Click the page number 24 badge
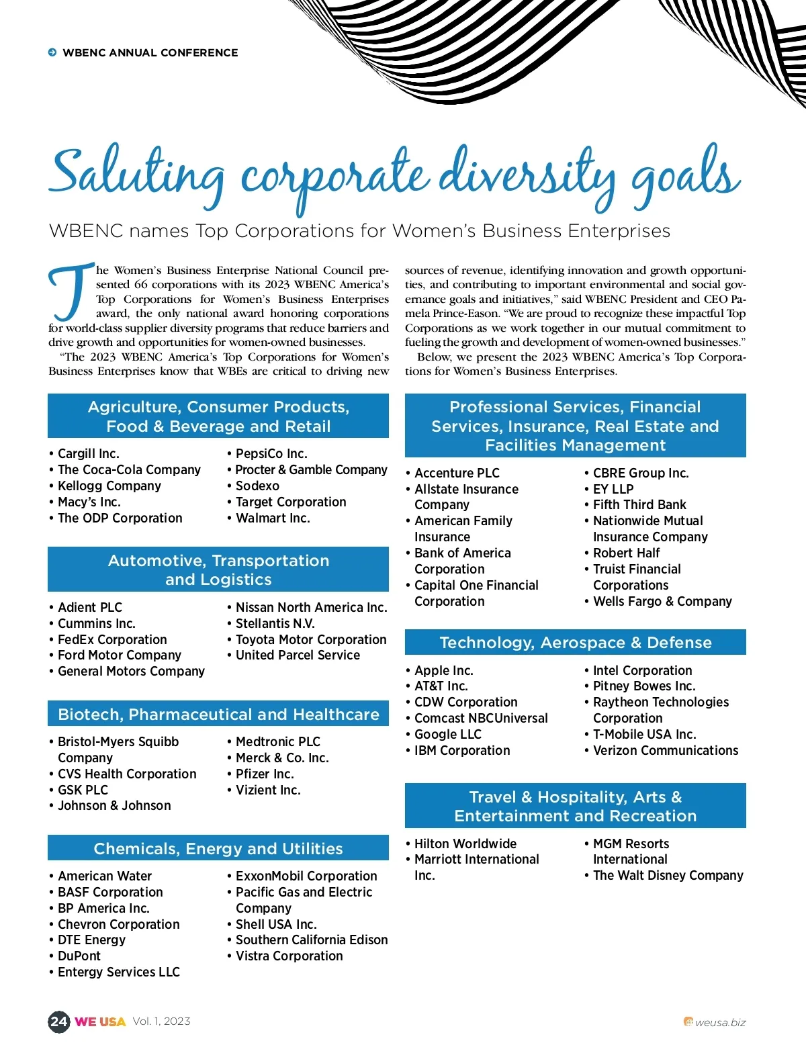coord(59,1021)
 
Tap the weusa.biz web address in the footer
coord(719,1023)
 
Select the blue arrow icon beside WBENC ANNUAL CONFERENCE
coord(52,52)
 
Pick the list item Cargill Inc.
coord(88,454)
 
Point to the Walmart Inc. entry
coord(272,518)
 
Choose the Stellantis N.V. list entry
coord(275,624)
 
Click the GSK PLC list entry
coord(82,790)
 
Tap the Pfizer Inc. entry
coord(264,774)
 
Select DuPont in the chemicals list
coord(79,956)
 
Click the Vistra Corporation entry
coord(289,956)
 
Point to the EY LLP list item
coord(613,490)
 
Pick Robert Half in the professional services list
coord(626,553)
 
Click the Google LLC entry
coord(447,735)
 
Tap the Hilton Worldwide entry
coord(465,844)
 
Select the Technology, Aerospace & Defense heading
coord(576,643)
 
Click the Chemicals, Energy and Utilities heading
coord(218,849)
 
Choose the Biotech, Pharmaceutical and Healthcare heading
coord(218,715)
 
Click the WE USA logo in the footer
coord(100,1022)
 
